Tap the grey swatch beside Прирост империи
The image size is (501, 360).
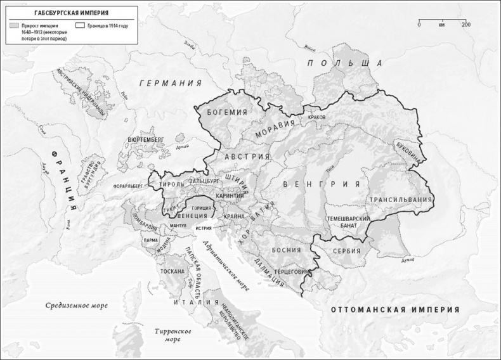point(14,25)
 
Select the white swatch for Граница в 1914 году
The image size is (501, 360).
point(79,25)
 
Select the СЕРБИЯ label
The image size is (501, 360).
point(346,252)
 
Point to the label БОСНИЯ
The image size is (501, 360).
point(286,250)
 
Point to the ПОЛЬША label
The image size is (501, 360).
point(345,63)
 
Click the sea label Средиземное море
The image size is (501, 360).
point(76,305)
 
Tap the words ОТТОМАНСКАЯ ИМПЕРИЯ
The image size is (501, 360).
point(394,310)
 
